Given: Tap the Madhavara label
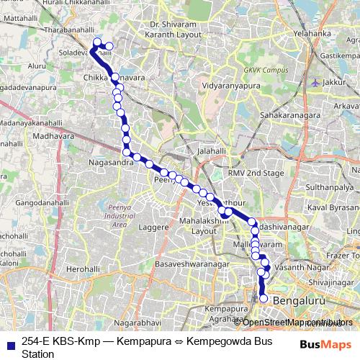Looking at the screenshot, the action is (53, 135).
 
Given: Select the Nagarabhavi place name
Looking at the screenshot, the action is (123, 314).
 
